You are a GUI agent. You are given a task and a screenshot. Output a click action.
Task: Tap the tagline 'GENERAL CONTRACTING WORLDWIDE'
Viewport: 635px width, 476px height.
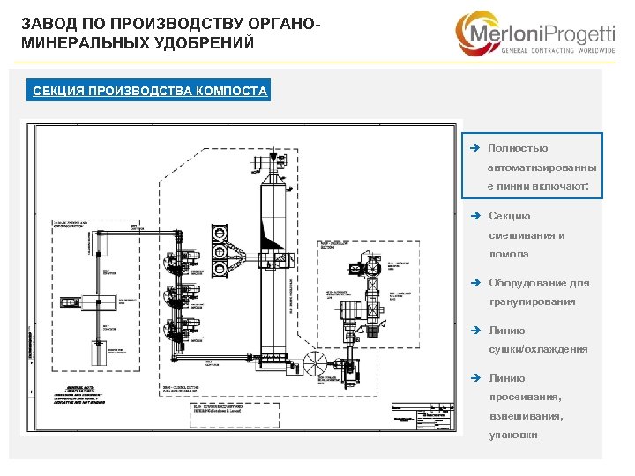557,51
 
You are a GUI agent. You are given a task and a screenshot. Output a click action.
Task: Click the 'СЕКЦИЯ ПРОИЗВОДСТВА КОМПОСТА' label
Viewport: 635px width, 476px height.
149,91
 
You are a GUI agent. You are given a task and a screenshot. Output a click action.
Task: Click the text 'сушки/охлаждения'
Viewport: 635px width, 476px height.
537,349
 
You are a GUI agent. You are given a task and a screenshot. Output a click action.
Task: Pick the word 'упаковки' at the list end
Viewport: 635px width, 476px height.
512,435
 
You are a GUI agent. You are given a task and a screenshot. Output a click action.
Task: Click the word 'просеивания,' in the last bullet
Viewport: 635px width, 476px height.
523,398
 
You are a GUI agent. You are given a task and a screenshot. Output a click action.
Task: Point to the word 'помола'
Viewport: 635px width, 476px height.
509,254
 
